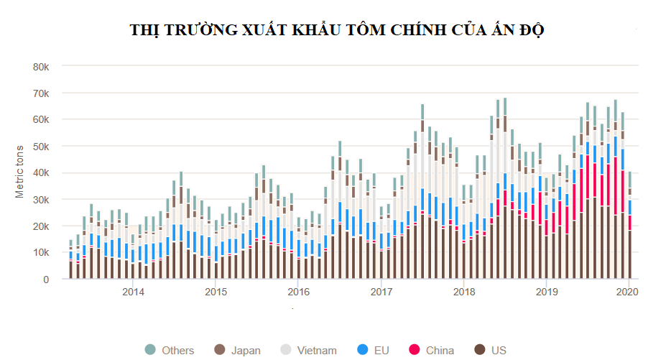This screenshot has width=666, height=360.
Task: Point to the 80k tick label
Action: pos(41,67)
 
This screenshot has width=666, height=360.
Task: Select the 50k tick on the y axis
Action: pos(41,147)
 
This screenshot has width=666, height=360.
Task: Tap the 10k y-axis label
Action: pos(41,253)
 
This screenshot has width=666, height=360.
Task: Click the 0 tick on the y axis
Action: pos(46,280)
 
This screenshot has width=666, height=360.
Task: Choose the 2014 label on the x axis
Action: pos(133,292)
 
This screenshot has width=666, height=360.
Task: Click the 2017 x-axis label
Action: pos(381,292)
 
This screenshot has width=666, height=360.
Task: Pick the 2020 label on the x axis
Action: pos(628,292)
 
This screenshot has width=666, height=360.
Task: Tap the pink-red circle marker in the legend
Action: pos(414,350)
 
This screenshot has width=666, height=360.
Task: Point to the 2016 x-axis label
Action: pos(299,292)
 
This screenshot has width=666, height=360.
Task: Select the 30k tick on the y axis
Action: pos(41,200)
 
